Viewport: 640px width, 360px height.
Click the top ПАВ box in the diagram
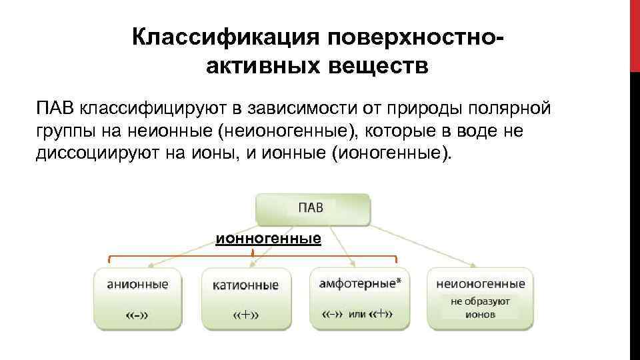[x=312, y=208]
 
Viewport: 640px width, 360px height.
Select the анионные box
[x=137, y=298]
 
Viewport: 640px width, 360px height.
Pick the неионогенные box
[x=480, y=298]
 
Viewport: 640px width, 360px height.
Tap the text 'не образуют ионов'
[x=480, y=307]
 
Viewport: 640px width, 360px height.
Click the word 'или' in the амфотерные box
[x=357, y=314]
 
